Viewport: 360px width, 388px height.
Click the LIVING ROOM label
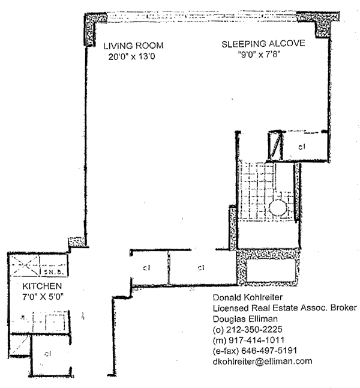133,46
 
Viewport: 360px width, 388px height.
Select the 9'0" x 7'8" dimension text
260,54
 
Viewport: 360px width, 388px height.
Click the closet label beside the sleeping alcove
302,146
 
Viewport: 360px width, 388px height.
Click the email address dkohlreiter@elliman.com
262,361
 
